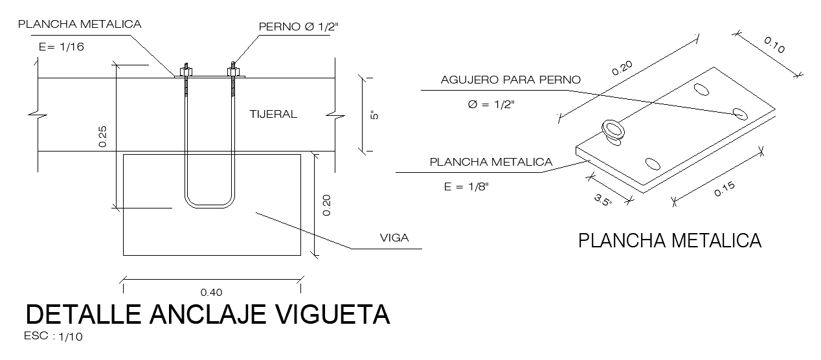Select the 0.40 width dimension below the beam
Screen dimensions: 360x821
[212, 293]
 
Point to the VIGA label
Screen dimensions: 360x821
[394, 238]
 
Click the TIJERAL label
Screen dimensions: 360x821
[273, 115]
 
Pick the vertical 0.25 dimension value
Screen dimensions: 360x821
[103, 136]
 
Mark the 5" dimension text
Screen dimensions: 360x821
[372, 115]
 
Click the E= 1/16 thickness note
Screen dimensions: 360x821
[62, 47]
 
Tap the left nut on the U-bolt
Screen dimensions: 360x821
[185, 70]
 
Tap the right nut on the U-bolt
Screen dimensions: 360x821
[233, 69]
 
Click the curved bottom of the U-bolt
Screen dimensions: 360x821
[208, 205]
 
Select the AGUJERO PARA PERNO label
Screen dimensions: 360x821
[511, 80]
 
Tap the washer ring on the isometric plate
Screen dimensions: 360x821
[613, 130]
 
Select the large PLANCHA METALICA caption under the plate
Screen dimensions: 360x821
[669, 242]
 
